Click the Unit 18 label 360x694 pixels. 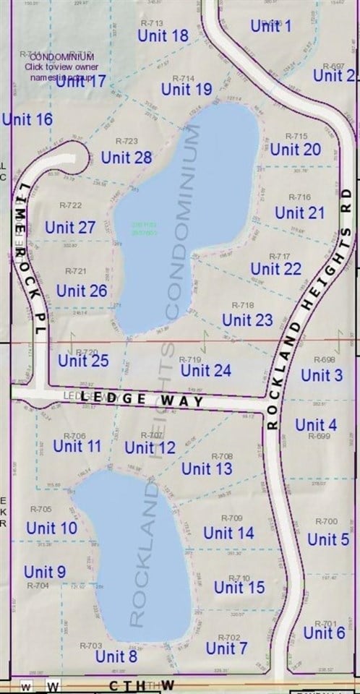163,35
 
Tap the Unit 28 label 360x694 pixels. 127,157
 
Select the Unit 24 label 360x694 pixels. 206,371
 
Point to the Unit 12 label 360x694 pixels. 150,448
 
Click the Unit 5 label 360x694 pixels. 328,539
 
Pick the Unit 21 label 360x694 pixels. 299,213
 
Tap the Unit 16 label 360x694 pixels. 27,119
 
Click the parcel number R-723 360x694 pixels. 127,141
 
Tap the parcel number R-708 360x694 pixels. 222,456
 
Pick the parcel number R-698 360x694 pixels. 325,359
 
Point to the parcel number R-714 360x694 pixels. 184,78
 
